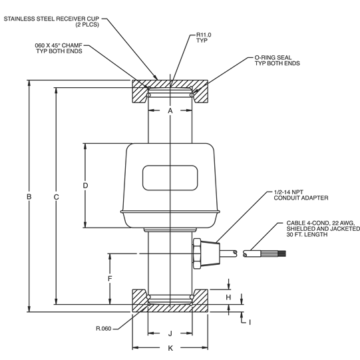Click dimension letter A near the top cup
click(x=170, y=110)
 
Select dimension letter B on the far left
click(x=29, y=196)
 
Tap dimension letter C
click(x=57, y=196)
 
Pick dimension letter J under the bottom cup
click(x=170, y=333)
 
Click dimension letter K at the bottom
click(x=170, y=347)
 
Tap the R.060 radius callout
click(x=104, y=328)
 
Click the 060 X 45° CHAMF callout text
click(x=59, y=49)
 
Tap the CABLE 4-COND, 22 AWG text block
click(x=321, y=228)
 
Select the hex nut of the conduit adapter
click(x=198, y=252)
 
